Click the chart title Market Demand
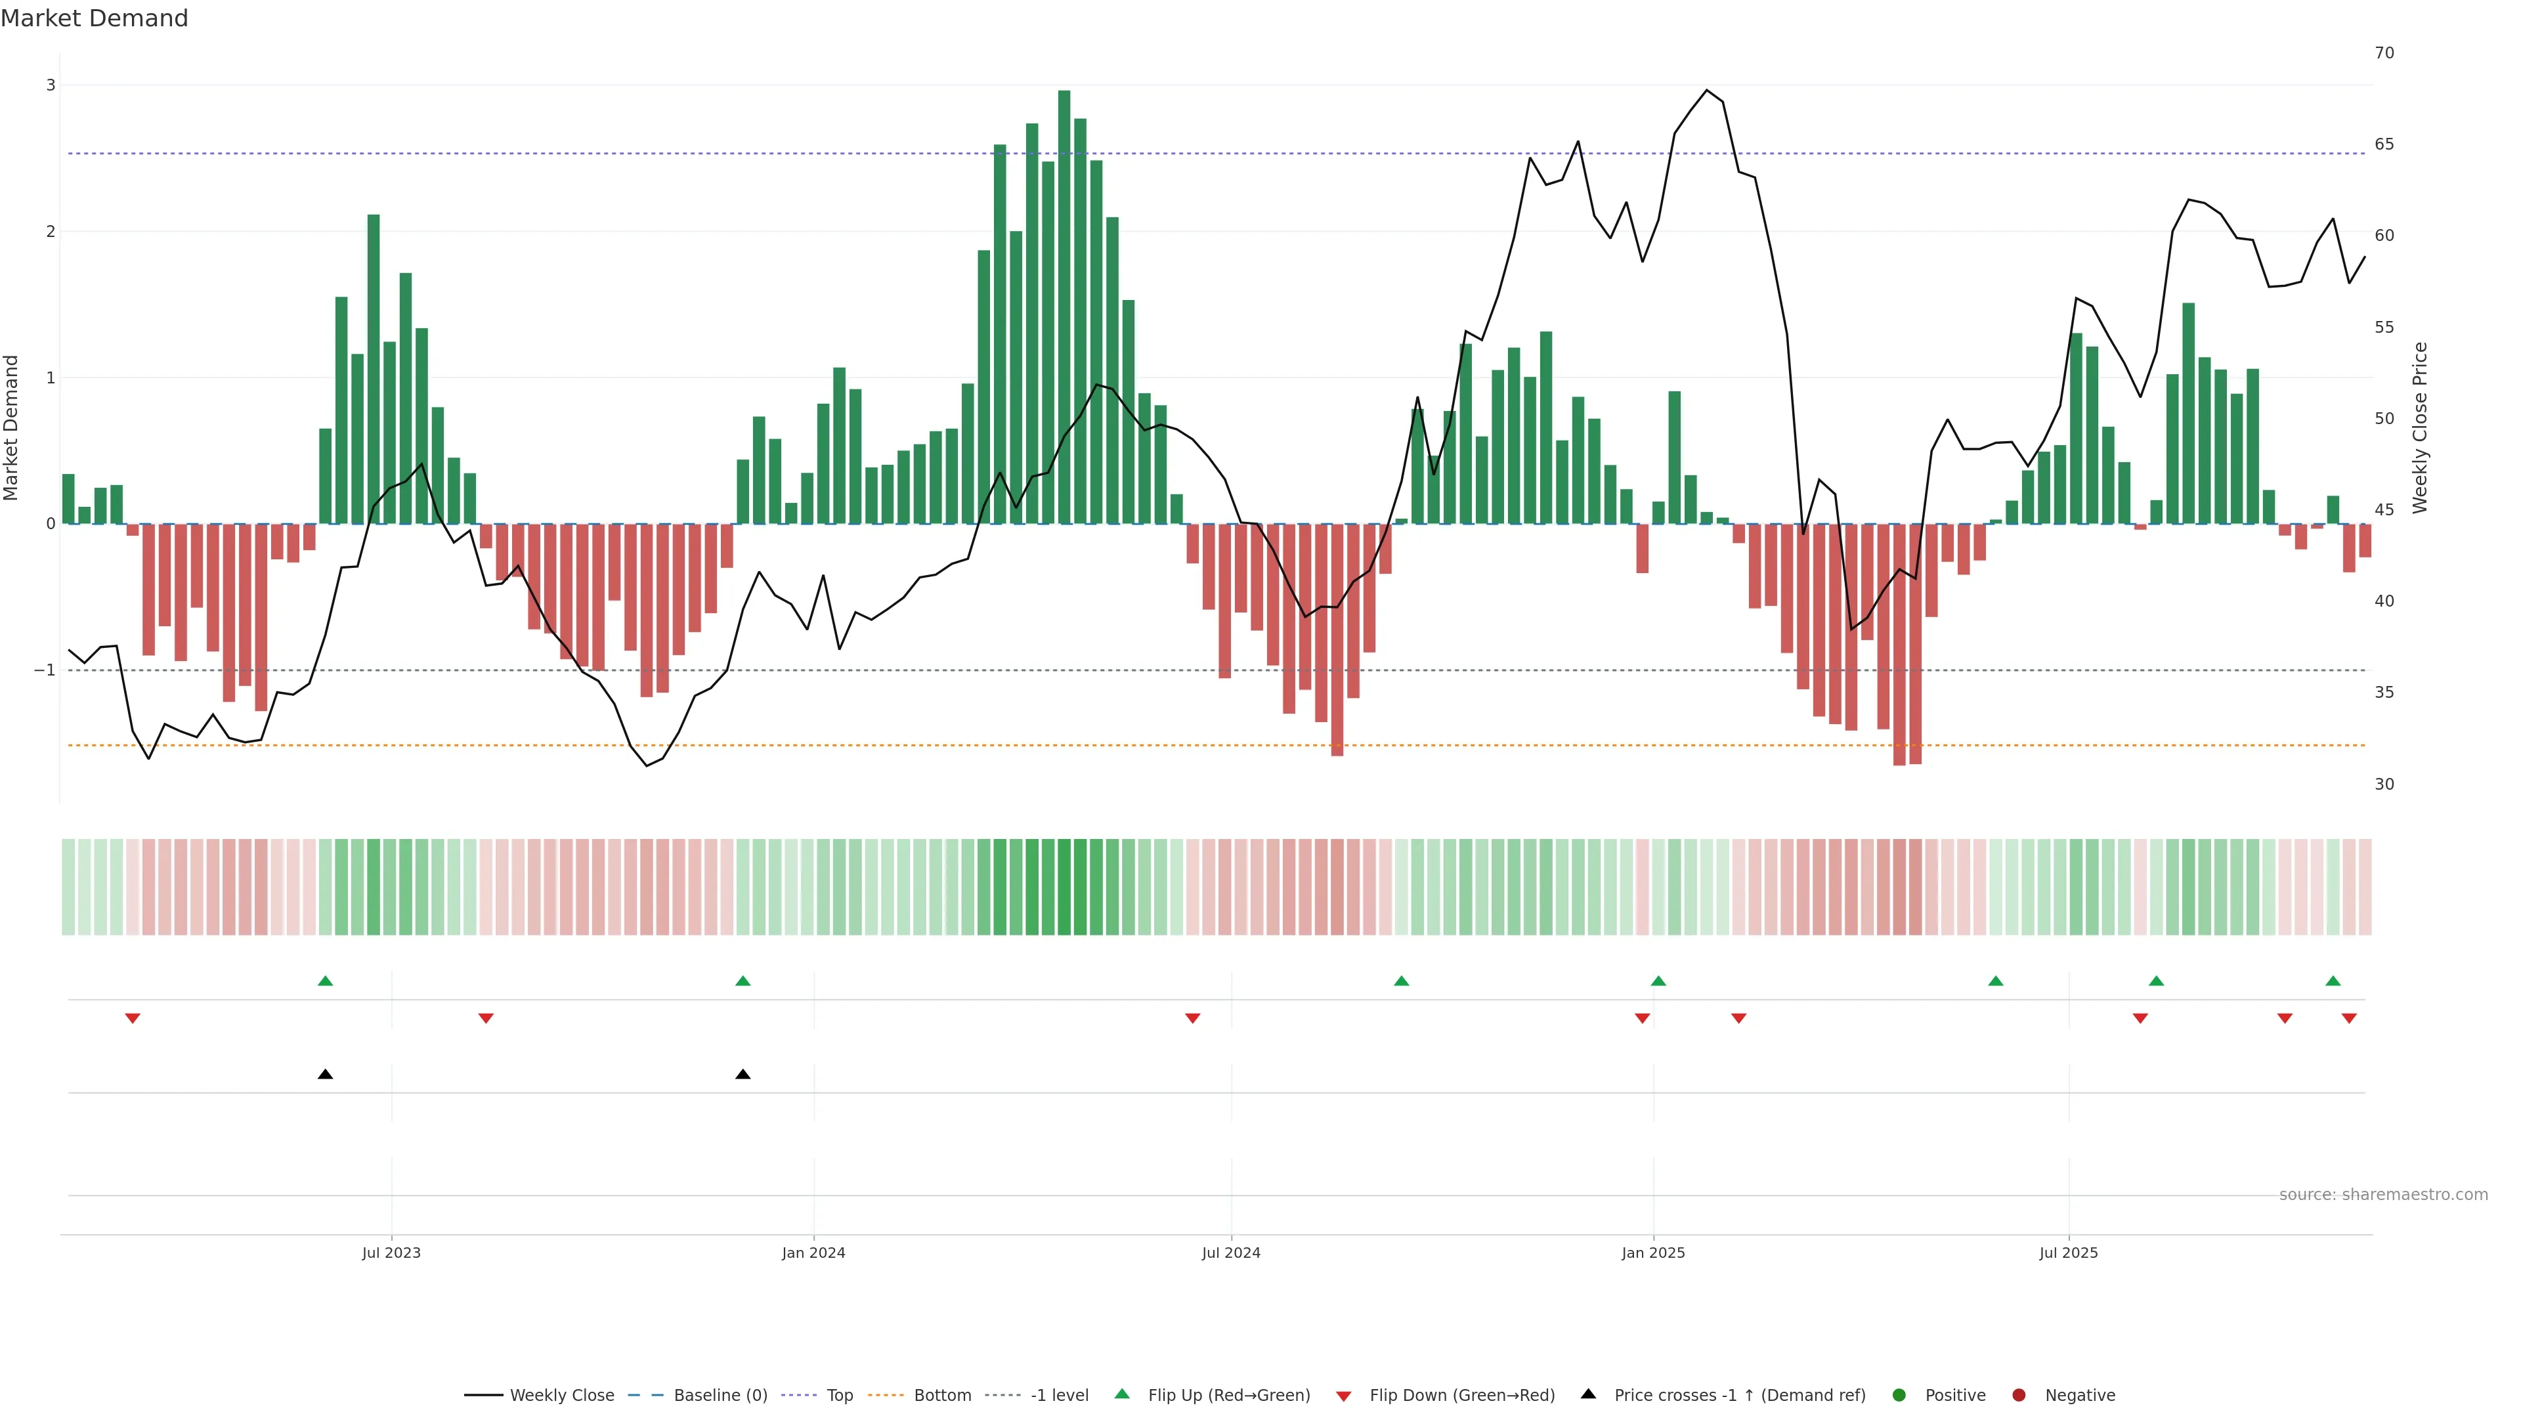(x=94, y=18)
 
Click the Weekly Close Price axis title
(x=2420, y=427)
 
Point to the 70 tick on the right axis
(x=2384, y=53)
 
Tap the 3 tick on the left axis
(x=51, y=85)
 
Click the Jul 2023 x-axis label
(x=391, y=1253)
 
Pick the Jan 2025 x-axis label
(x=1653, y=1253)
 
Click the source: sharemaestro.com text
(x=2383, y=1195)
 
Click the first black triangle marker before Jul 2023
(x=326, y=1075)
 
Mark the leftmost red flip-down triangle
(x=133, y=1019)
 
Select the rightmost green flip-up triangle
(x=2333, y=981)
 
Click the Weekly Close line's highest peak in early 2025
(x=1707, y=90)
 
